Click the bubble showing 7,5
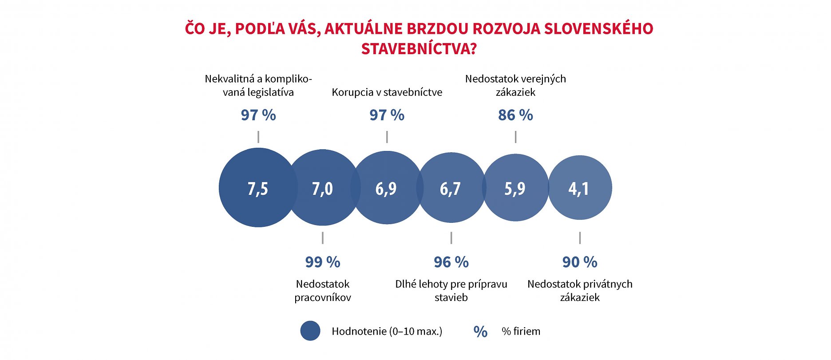(258, 188)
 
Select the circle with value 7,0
(323, 188)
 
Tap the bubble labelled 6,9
(386, 188)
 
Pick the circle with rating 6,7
(451, 188)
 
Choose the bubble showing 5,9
(515, 188)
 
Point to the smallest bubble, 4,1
(579, 188)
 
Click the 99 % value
(323, 262)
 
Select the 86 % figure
(515, 115)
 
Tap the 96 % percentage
(451, 262)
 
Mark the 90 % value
(580, 262)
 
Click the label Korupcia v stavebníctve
(387, 92)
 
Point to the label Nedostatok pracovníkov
(323, 291)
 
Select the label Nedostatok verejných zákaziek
(515, 85)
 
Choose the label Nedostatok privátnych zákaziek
(580, 291)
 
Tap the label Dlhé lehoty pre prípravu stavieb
(451, 291)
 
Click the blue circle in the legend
(310, 331)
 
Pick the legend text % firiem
(521, 331)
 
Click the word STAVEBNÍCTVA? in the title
(419, 49)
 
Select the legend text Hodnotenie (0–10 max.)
(387, 331)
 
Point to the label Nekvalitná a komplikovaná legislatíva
(258, 85)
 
